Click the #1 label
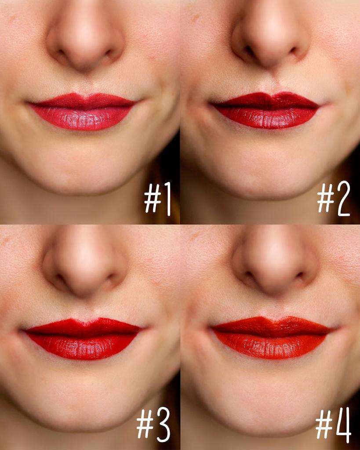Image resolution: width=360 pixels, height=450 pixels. (x=158, y=199)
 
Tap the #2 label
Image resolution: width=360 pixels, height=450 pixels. (x=334, y=199)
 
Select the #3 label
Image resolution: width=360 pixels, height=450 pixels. (x=153, y=425)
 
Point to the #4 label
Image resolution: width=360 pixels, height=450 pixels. (x=333, y=425)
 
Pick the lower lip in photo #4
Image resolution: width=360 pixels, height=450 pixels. (x=271, y=347)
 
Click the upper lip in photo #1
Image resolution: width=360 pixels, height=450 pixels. (x=83, y=101)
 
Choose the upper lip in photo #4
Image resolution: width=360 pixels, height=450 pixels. (x=271, y=326)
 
